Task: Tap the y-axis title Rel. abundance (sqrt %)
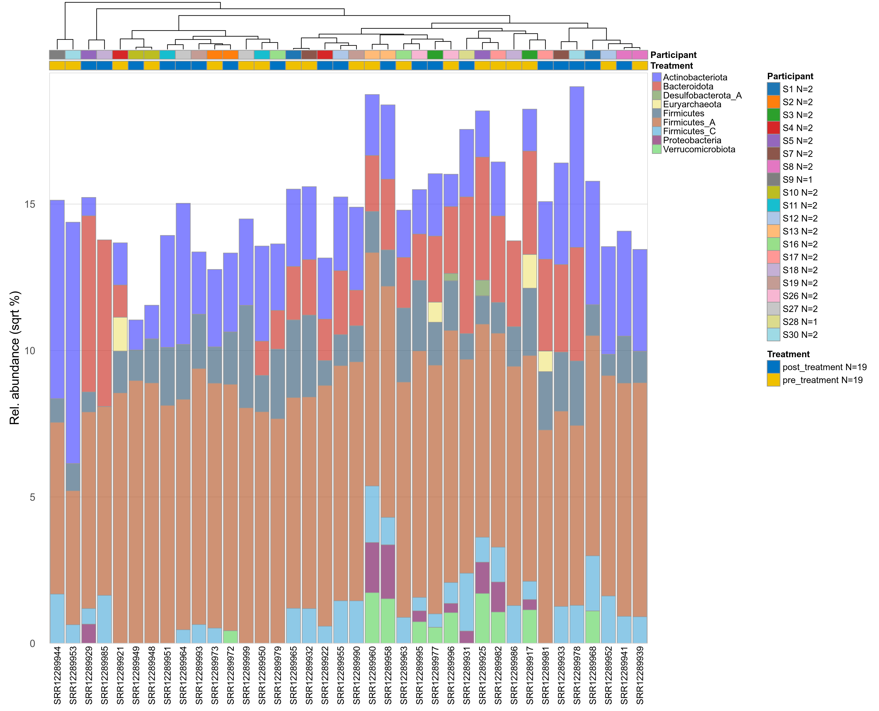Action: tap(14, 358)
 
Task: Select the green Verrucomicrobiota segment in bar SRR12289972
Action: tap(231, 637)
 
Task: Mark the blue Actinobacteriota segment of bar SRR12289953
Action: tap(73, 342)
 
